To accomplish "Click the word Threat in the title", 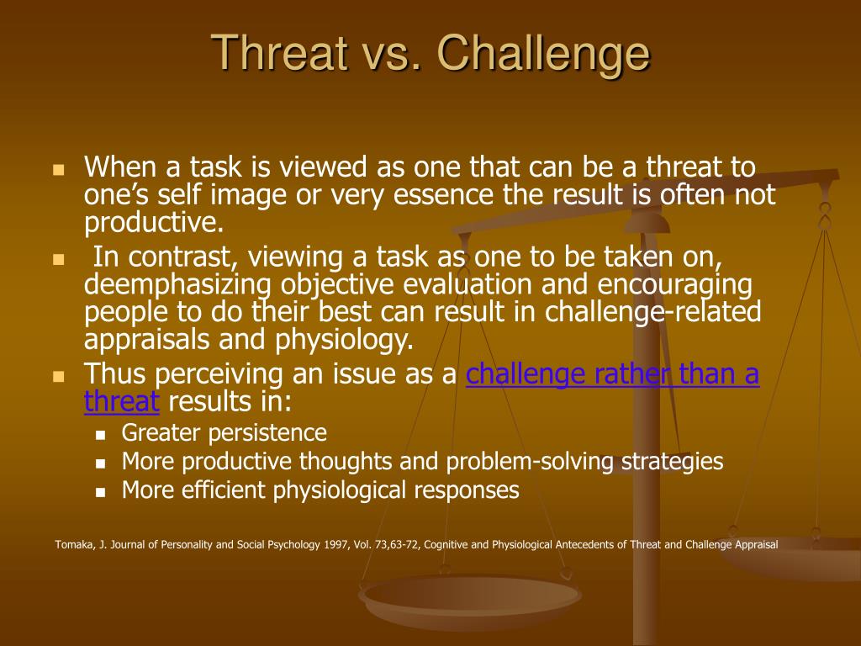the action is [x=281, y=52].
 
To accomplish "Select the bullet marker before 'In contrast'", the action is [x=59, y=259].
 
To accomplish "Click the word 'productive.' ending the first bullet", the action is [x=154, y=223].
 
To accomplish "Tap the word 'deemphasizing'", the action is [x=177, y=285].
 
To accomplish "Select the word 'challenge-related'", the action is [x=652, y=311].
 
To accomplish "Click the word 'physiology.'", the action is [x=344, y=340].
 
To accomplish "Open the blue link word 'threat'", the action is [x=121, y=400].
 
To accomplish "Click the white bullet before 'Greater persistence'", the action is [x=100, y=435].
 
